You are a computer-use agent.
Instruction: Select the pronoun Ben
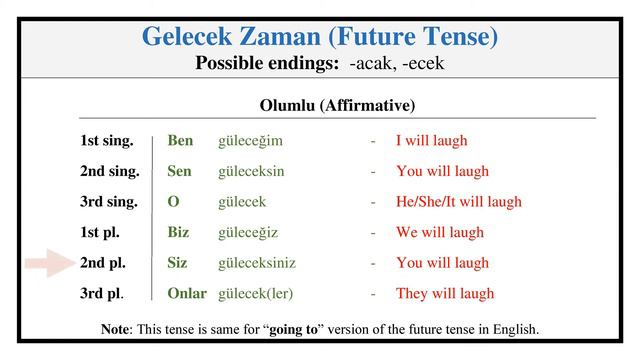[x=180, y=141]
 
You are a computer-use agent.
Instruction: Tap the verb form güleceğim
[x=250, y=142]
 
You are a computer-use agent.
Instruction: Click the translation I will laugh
[x=431, y=141]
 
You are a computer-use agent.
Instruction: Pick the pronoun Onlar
[x=187, y=293]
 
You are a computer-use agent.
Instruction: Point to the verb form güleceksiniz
[x=257, y=263]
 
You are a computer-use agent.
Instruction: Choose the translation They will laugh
[x=445, y=293]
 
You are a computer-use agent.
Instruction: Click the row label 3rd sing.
[x=109, y=202]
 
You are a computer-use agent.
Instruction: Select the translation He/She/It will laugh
[x=458, y=202]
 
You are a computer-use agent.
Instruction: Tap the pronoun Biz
[x=178, y=232]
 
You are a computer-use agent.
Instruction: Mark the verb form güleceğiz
[x=248, y=232]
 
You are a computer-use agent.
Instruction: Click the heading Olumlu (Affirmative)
[x=337, y=105]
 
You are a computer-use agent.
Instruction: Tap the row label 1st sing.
[x=107, y=141]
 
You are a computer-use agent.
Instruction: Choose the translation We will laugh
[x=439, y=232]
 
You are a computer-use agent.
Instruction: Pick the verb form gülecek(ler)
[x=256, y=293]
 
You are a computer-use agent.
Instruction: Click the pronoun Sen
[x=179, y=171]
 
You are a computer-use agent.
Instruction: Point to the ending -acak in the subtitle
[x=370, y=63]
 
